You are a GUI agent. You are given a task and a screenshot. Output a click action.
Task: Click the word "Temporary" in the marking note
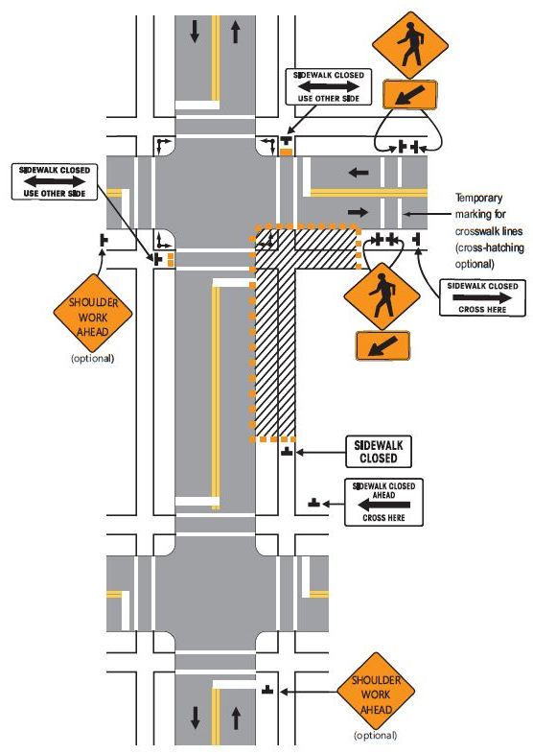coord(479,198)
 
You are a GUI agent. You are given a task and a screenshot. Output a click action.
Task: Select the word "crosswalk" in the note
coord(476,231)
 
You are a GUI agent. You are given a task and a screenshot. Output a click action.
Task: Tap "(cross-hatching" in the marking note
coord(490,248)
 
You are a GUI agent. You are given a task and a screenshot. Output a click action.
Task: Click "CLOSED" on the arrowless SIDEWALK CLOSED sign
coord(379,459)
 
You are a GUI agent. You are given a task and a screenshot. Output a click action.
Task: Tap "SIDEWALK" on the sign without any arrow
coord(379,445)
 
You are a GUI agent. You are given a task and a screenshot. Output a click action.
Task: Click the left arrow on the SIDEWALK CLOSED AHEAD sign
coord(384,505)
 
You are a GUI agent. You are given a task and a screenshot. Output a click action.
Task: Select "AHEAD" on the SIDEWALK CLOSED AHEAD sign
coord(383,495)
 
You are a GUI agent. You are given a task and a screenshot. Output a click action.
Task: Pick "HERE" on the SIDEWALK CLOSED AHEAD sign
coord(395,518)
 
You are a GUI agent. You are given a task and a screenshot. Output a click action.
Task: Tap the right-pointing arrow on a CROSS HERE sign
coord(482,297)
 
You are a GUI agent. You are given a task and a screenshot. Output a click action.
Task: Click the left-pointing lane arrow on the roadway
coord(359,172)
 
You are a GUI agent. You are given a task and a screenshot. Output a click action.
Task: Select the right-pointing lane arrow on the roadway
coord(359,212)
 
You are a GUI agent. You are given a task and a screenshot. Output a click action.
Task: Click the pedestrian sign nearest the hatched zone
coord(382,296)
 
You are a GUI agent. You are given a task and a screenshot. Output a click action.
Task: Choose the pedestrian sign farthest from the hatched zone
coord(410,45)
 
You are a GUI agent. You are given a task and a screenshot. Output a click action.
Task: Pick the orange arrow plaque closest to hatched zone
coord(382,345)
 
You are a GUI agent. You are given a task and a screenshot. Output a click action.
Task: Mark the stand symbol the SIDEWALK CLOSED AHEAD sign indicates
coord(313,503)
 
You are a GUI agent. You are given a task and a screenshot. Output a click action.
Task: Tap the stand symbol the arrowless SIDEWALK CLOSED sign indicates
coord(287,451)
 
